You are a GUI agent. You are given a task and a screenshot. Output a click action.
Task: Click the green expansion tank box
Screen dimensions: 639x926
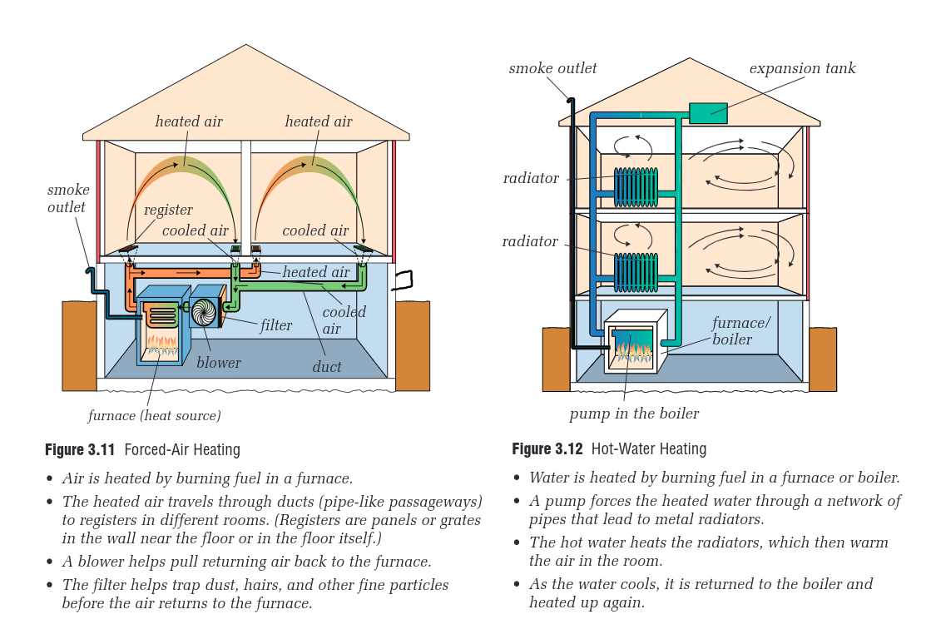(x=708, y=113)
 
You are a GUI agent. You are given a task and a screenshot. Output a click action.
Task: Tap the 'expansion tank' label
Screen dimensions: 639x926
(x=802, y=68)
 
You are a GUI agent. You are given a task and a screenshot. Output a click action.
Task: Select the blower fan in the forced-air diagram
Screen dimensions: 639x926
(x=203, y=313)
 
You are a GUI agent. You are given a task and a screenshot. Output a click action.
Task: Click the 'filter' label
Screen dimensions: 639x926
(x=276, y=325)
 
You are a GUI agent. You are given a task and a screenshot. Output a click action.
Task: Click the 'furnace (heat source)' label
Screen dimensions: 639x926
(x=155, y=415)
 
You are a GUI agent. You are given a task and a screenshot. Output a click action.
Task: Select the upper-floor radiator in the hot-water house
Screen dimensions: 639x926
(x=636, y=187)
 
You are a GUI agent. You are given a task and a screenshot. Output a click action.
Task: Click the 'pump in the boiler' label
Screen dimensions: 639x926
(x=634, y=414)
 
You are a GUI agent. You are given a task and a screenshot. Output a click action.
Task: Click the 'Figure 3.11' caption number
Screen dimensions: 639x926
(x=81, y=450)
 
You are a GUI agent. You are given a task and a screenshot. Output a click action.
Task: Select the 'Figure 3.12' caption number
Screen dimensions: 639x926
(x=548, y=449)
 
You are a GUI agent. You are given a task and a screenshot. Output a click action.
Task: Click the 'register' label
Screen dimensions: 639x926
(x=168, y=210)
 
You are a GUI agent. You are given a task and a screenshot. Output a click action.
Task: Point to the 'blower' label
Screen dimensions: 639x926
(x=219, y=363)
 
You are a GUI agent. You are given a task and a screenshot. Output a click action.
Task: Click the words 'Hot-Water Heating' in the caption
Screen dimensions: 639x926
(x=649, y=449)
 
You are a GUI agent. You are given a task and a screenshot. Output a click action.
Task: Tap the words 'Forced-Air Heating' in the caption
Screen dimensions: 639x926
(x=182, y=450)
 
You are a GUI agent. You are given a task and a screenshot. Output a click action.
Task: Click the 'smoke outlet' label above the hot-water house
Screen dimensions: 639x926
(x=552, y=68)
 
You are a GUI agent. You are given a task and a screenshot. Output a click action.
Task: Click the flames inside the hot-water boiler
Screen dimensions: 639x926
(x=634, y=349)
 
